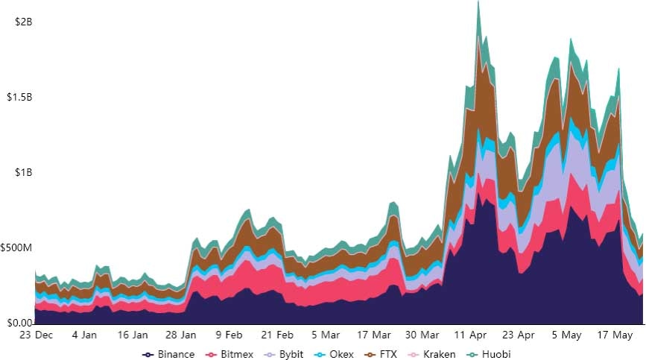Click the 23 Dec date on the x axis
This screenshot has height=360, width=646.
(x=35, y=335)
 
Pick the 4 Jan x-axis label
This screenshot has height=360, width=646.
(x=84, y=335)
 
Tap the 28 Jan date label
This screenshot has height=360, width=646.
(x=182, y=335)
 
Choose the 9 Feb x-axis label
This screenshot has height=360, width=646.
(x=229, y=335)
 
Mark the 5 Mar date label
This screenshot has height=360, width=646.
(x=325, y=335)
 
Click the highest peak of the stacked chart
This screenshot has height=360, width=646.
(x=478, y=2)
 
